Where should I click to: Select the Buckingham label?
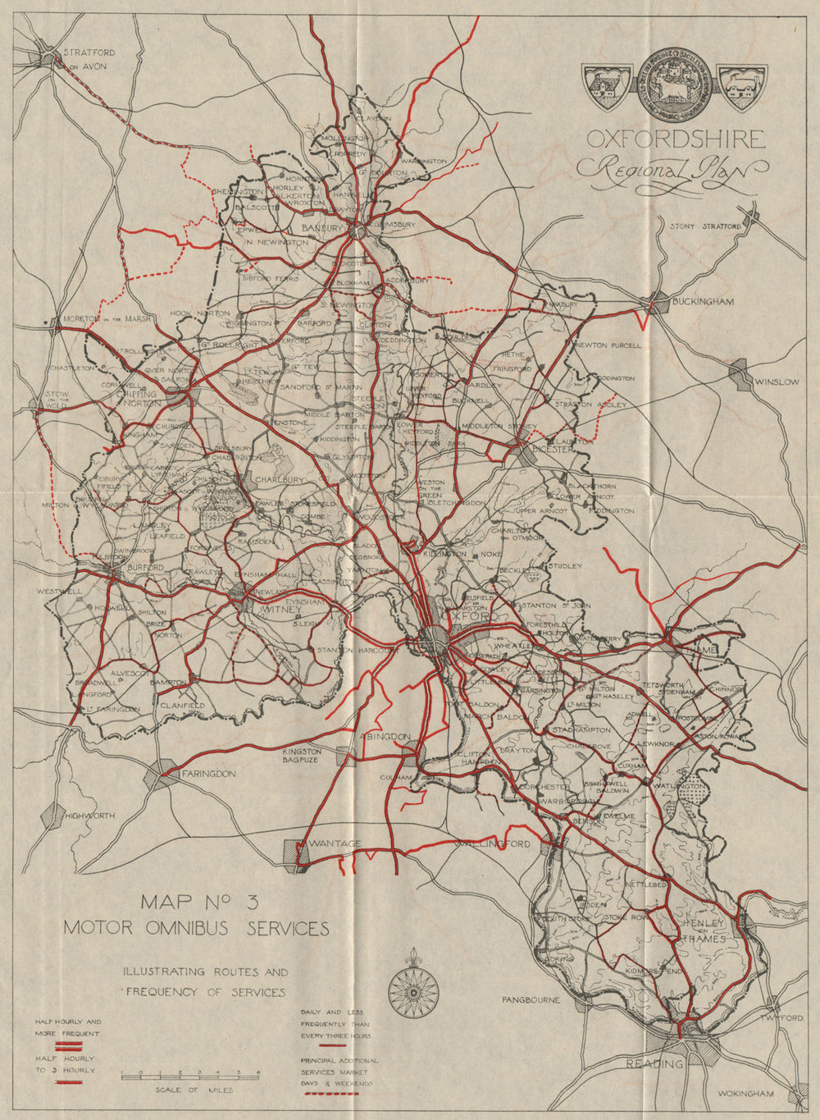coord(703,302)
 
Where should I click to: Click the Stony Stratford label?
coord(706,226)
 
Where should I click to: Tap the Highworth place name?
coord(89,816)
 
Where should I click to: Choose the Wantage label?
coord(335,844)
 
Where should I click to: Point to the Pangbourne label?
coord(531,1000)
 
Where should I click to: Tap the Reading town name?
coord(654,1064)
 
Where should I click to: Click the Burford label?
coord(144,568)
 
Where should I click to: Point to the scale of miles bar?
coord(190,1074)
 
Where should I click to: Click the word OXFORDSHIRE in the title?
coord(675,139)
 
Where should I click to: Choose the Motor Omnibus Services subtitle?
coord(197,928)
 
